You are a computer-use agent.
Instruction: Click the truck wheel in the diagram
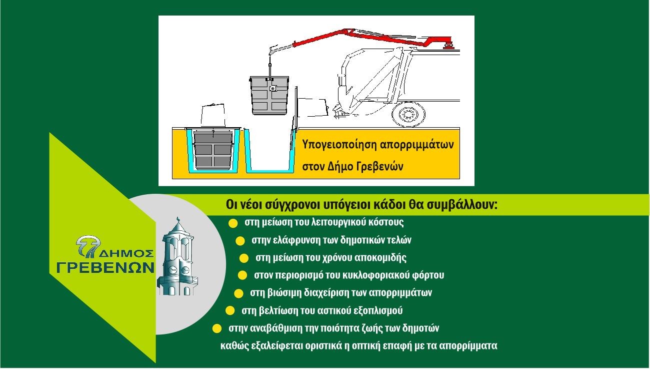(x=408, y=114)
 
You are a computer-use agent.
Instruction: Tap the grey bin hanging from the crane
(x=269, y=95)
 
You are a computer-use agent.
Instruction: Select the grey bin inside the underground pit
(x=213, y=151)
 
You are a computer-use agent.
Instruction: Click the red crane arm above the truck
(x=374, y=38)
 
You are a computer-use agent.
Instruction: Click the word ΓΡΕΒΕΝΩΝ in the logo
(x=105, y=267)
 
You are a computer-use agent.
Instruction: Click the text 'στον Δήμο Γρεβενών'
(x=352, y=167)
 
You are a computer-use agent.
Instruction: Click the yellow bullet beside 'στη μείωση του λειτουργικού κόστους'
(x=233, y=223)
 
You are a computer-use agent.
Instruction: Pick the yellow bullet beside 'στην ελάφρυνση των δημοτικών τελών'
(x=240, y=241)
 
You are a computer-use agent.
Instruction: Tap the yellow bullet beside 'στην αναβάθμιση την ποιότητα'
(x=217, y=328)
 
